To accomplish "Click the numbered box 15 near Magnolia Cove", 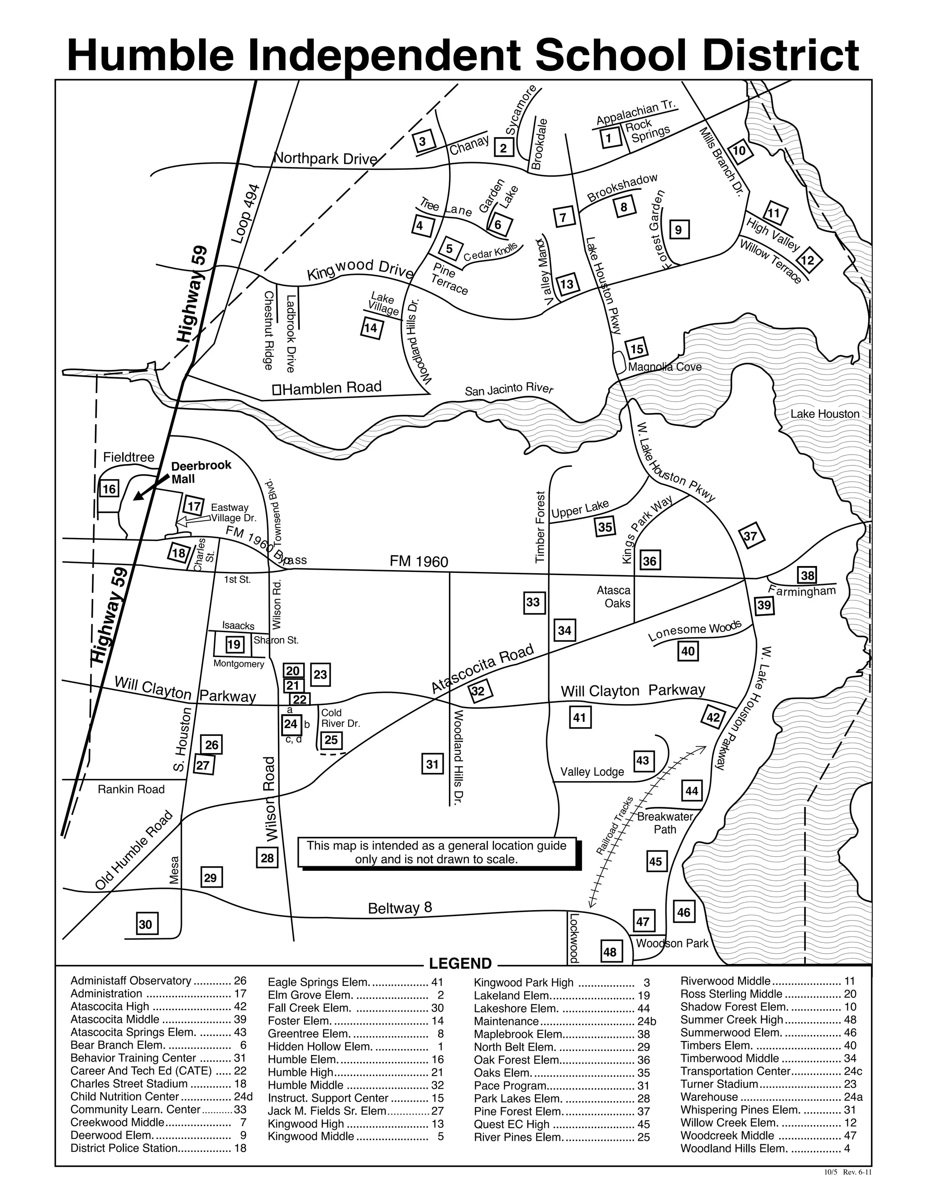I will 636,349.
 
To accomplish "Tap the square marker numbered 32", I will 478,691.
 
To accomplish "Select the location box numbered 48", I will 610,952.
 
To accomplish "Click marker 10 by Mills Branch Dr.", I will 739,150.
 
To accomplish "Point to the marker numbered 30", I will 146,924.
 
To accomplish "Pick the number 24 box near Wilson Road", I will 291,724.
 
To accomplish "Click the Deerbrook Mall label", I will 201,472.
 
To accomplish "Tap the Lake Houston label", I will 824,414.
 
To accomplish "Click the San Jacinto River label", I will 508,389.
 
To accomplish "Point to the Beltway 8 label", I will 400,907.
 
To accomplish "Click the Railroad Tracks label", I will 615,825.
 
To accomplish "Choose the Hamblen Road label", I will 331,388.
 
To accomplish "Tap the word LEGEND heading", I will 460,964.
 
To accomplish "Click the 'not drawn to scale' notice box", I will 438,852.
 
